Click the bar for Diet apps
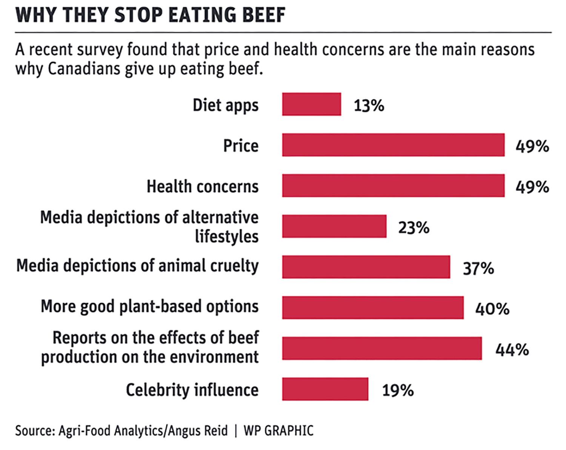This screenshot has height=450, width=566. tap(311, 104)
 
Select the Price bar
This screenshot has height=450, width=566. tap(393, 145)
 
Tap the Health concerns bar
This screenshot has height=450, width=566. tap(393, 186)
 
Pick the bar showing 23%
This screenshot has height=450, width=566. tap(334, 227)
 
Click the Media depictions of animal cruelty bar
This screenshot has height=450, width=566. tap(366, 267)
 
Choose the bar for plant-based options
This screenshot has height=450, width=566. tap(373, 308)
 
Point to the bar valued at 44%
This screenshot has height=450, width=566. tap(382, 348)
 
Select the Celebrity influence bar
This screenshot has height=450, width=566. tap(325, 389)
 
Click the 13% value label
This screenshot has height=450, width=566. tap(369, 106)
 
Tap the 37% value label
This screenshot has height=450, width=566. tap(478, 268)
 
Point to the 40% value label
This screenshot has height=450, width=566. tap(492, 309)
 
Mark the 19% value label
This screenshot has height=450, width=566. tap(398, 390)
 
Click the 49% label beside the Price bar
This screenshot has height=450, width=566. tap(532, 146)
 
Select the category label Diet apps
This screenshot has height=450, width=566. tap(226, 105)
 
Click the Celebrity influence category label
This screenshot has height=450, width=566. tap(192, 390)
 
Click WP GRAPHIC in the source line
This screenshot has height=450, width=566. tap(278, 431)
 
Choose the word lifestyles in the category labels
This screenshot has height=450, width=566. tap(226, 237)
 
